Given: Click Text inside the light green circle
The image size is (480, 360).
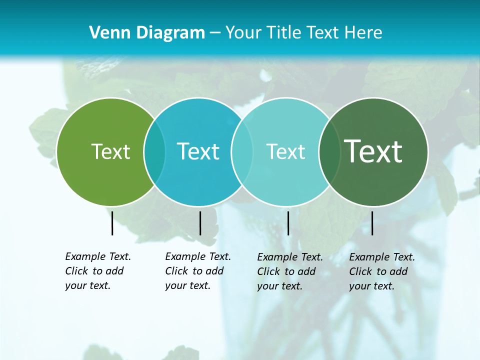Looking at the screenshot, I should point(110,151).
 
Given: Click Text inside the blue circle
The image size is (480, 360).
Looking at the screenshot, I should point(198,151).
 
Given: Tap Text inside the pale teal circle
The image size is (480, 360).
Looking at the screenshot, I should point(285,151).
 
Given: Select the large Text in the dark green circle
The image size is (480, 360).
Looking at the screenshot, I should point(373,151).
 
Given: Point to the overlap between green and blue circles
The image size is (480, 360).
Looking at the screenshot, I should point(154,151).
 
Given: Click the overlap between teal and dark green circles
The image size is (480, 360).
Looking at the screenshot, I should point(329,151).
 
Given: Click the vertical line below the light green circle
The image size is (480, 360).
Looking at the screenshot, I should point(112,223).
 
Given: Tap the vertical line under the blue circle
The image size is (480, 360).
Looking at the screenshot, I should point(200,223).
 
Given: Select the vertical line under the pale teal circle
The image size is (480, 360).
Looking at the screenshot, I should point(288,223).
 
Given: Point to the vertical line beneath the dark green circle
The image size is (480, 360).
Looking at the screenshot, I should point(372,223).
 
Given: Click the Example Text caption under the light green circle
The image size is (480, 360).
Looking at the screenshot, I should point(97,271).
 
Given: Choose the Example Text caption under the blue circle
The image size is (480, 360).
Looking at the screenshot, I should point(197,271).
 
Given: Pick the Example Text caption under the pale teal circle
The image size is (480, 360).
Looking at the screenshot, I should point(289,271).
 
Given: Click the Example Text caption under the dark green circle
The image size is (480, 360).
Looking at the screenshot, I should point(381,271).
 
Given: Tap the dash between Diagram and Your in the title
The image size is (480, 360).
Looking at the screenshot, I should point(215,33).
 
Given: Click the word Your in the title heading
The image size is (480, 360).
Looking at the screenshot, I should point(242,33).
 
